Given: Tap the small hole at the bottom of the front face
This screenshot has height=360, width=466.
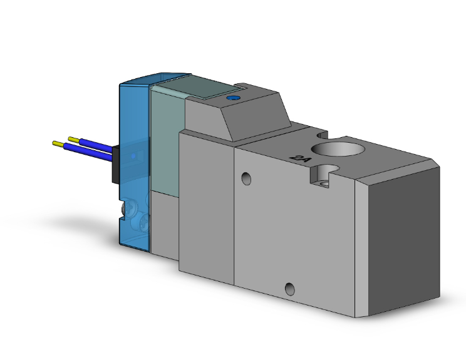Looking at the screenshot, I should (x=289, y=289).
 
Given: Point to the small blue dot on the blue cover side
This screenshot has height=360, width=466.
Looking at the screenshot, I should (x=133, y=155).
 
